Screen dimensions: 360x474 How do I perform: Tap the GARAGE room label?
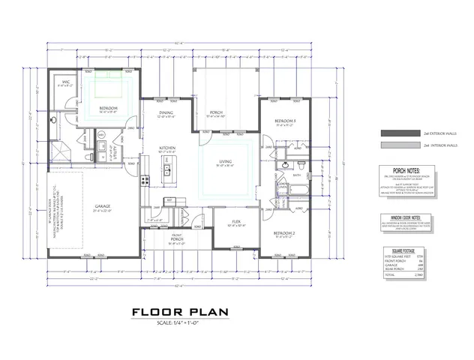coord(103,206)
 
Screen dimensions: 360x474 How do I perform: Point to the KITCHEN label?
coord(168,148)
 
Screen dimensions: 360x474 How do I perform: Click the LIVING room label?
coord(224,161)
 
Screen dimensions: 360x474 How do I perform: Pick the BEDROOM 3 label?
coord(284,121)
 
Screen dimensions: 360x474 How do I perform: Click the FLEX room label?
coord(235,223)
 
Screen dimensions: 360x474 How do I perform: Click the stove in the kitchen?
coord(145,178)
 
